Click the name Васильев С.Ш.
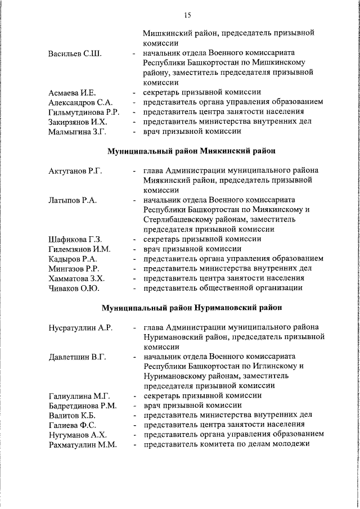click(75, 53)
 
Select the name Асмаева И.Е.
click(73, 92)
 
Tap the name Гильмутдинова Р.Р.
click(83, 112)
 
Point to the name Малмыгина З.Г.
click(78, 132)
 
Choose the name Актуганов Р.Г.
click(75, 170)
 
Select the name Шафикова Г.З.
click(75, 239)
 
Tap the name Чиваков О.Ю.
click(74, 288)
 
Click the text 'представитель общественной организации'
click(223, 288)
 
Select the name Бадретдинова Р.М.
click(83, 406)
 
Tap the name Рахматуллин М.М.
click(83, 444)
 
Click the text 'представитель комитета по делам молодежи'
click(226, 444)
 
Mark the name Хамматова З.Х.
click(77, 278)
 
